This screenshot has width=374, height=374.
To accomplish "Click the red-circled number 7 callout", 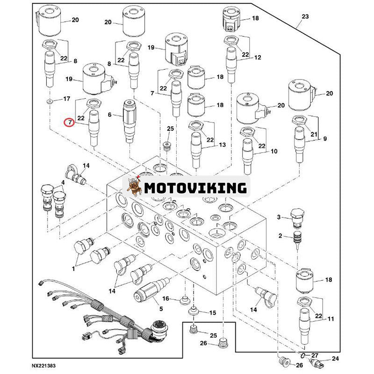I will click(69, 122).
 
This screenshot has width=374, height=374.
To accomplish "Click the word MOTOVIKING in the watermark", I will click(195, 187).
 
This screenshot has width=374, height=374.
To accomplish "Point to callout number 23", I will click(305, 16).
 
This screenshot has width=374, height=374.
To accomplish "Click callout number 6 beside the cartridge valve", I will click(110, 115).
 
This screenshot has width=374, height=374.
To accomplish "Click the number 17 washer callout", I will click(66, 99).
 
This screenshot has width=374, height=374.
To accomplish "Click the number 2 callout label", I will click(280, 236).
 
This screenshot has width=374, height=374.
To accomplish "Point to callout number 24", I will click(334, 359).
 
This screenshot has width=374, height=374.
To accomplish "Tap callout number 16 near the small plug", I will click(165, 298).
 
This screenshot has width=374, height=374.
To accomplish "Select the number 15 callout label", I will click(213, 312).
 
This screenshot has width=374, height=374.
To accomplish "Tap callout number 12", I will click(258, 58).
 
